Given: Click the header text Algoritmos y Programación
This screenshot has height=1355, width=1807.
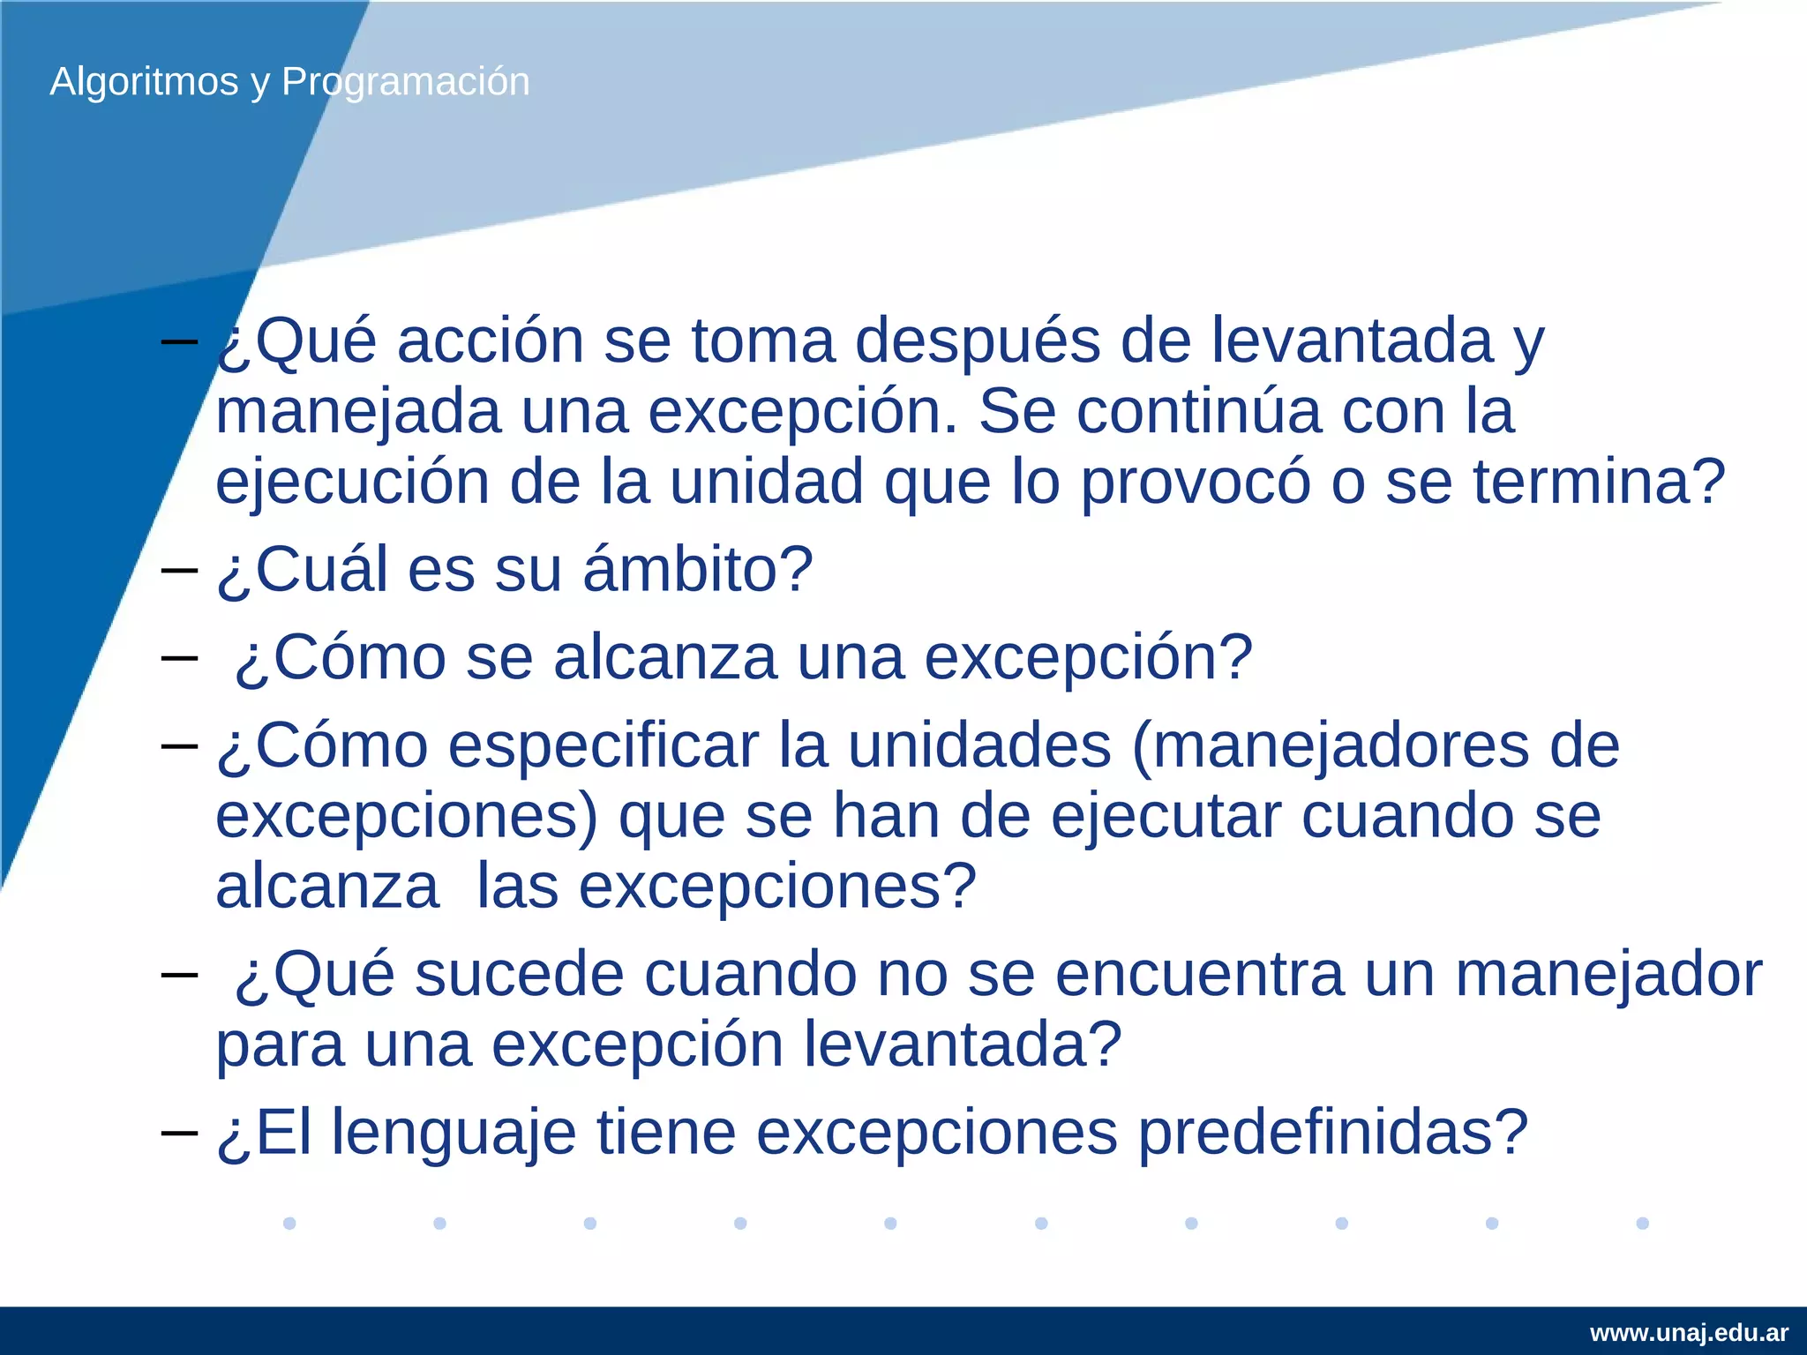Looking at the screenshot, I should click(x=289, y=82).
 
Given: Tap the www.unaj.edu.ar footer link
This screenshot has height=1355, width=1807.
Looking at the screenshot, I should click(x=1689, y=1332).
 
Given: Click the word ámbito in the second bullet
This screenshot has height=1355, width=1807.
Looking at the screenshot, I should click(x=697, y=570).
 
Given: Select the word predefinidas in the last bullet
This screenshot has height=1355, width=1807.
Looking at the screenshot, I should click(x=1332, y=1133).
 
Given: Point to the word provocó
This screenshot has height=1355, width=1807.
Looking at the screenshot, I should click(x=1195, y=483).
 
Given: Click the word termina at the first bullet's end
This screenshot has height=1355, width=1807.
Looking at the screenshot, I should click(x=1588, y=483).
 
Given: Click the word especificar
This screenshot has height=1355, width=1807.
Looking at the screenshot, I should click(x=604, y=746).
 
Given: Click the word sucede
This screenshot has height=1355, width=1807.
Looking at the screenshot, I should click(x=518, y=975).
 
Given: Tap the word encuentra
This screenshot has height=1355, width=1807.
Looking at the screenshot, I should click(x=1199, y=975).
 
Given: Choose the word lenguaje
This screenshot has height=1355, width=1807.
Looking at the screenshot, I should click(x=454, y=1133).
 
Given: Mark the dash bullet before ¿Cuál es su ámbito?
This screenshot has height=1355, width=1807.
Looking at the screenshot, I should click(x=179, y=570).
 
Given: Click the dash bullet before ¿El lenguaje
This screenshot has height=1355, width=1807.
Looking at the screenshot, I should click(x=179, y=1132).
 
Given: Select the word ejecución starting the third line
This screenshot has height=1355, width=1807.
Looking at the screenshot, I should click(x=352, y=483).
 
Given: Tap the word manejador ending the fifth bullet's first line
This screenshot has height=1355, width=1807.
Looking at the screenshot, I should click(x=1608, y=975).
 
